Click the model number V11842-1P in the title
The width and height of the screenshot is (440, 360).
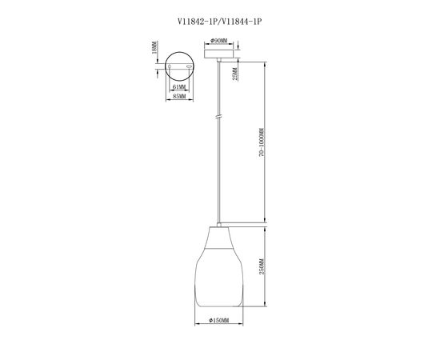click(198, 22)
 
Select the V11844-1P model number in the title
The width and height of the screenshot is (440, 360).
click(242, 22)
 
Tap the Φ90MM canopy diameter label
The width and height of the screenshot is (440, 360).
click(219, 41)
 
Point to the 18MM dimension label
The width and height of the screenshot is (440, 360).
click(154, 47)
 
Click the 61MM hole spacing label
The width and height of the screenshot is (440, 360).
click(179, 87)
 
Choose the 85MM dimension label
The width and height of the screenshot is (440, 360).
click(179, 97)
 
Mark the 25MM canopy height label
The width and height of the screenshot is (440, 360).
click(235, 74)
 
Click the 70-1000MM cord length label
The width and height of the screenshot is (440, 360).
click(262, 142)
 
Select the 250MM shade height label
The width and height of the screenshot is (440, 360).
click(262, 266)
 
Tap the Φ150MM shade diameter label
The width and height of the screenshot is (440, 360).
click(219, 320)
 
